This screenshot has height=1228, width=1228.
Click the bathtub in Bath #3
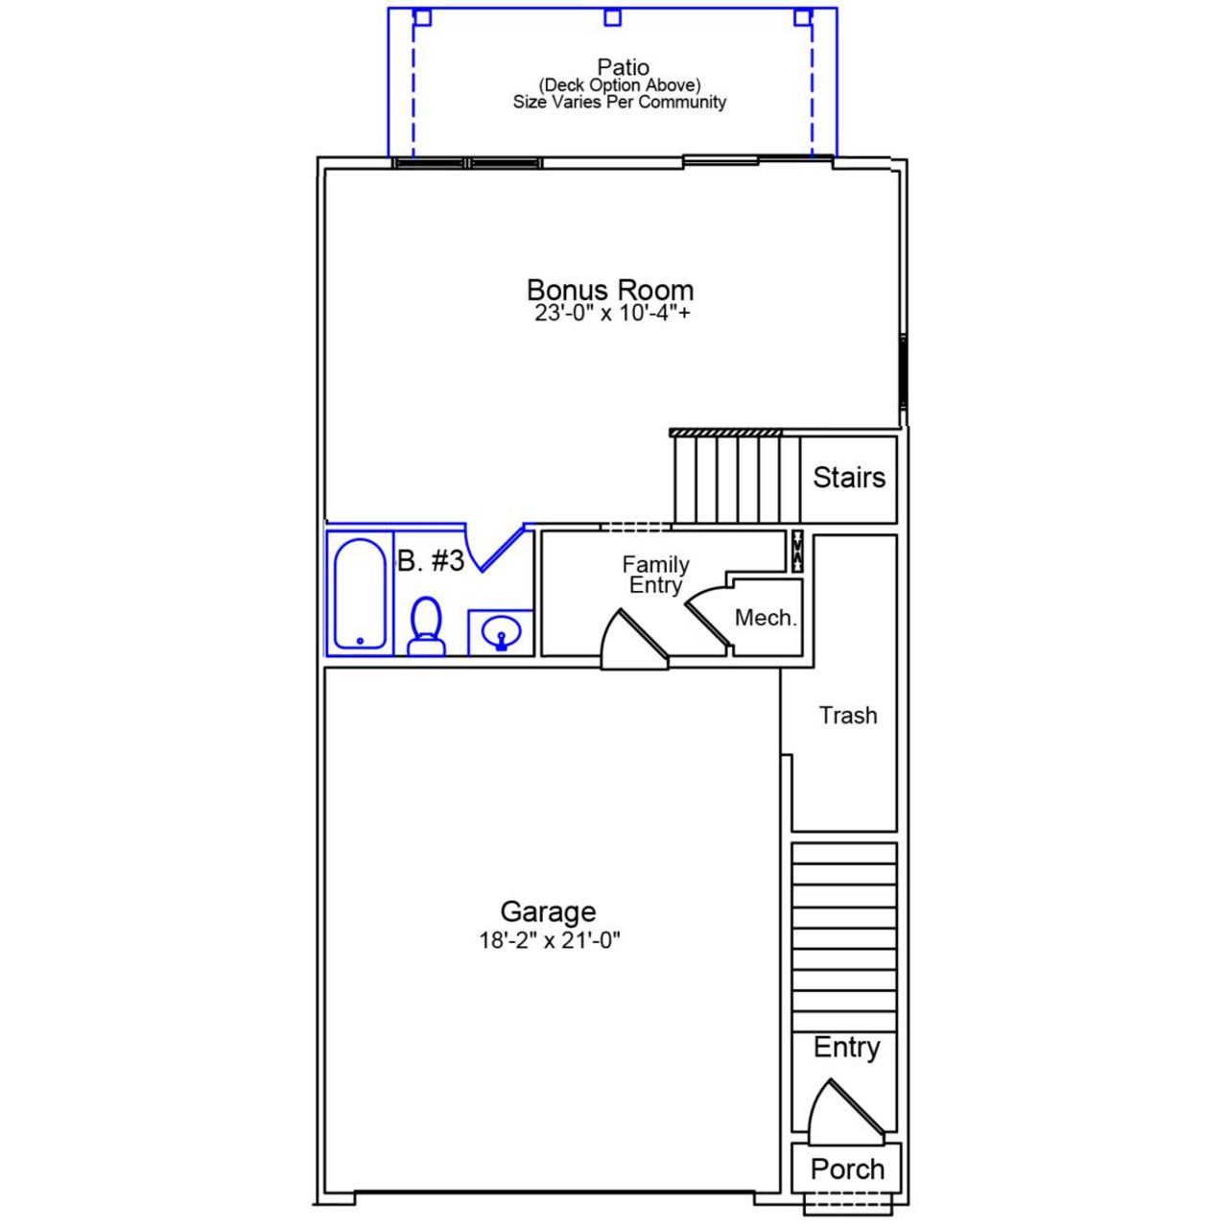click(x=360, y=594)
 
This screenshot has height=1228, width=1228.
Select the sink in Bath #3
click(x=501, y=633)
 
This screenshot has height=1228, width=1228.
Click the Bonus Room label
click(x=610, y=290)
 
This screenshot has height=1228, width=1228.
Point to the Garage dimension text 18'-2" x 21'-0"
click(x=550, y=941)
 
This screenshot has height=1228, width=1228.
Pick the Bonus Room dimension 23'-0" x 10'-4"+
click(x=612, y=314)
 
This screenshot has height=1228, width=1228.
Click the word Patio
click(x=623, y=67)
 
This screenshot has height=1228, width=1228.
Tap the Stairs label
click(x=849, y=477)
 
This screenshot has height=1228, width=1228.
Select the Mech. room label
click(x=766, y=618)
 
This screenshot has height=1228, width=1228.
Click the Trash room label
click(x=848, y=716)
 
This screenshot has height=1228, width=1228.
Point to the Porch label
click(x=847, y=1169)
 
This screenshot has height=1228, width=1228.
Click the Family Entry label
click(x=655, y=575)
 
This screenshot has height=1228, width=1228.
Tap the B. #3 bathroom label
click(x=431, y=561)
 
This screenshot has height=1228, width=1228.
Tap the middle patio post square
click(x=612, y=17)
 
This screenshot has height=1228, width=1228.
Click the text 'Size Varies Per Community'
click(x=619, y=103)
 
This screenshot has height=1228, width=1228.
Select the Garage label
click(x=548, y=911)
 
